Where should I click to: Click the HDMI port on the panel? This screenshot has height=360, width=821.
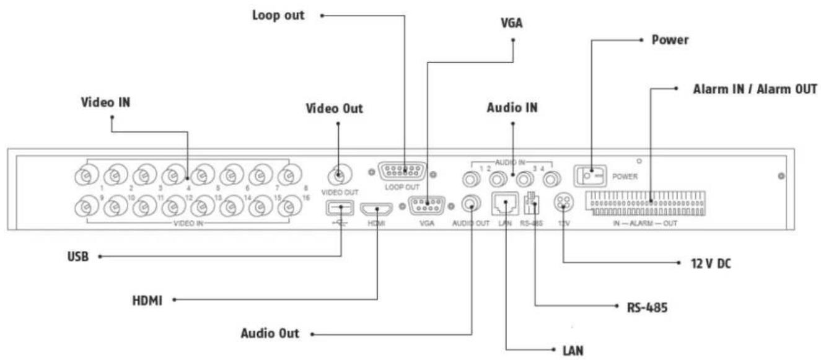tap(376, 209)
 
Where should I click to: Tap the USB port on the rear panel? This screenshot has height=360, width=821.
tap(340, 208)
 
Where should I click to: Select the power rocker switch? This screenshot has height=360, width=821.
tap(590, 176)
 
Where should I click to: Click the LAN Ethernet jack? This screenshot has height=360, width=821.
tap(505, 204)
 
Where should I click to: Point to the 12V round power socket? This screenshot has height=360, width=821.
tap(564, 202)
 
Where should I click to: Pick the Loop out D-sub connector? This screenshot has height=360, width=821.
tap(402, 172)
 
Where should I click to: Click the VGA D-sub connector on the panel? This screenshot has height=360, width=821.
tap(427, 206)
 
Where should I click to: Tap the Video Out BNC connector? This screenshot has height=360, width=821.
tap(340, 175)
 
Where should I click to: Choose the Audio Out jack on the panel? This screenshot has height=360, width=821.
tap(471, 203)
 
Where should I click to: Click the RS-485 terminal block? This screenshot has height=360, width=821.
tap(532, 203)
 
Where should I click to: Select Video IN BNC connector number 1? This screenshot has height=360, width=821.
tap(87, 176)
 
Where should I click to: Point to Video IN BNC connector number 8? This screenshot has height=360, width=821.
tap(290, 175)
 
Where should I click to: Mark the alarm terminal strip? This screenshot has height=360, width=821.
tap(645, 203)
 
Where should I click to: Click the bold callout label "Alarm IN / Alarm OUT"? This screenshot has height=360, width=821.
tap(755, 89)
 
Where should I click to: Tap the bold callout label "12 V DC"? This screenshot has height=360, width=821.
tap(711, 263)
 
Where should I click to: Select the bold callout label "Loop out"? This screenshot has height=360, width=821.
tap(278, 15)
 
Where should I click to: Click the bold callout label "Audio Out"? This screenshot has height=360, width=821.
tap(270, 333)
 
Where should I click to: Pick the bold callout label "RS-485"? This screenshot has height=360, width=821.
tap(648, 307)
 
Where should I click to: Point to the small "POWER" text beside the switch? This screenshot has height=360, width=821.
tap(625, 177)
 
